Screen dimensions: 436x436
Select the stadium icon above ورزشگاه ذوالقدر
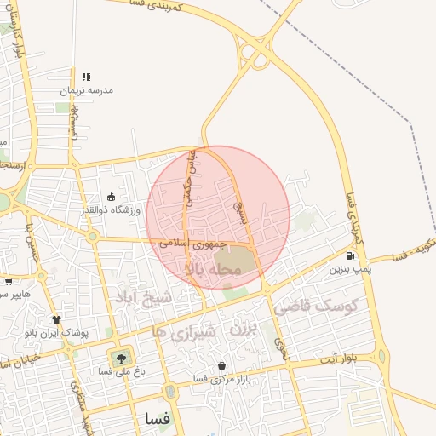(x=111, y=198)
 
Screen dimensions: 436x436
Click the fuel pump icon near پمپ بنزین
(x=350, y=256)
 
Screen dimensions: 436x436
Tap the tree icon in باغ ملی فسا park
(x=118, y=358)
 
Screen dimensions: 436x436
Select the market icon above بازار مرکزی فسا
(x=222, y=365)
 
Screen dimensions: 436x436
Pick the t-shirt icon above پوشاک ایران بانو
(x=56, y=320)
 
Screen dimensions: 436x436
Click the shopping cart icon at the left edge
(x=8, y=282)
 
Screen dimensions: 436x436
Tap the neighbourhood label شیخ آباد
(x=143, y=297)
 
